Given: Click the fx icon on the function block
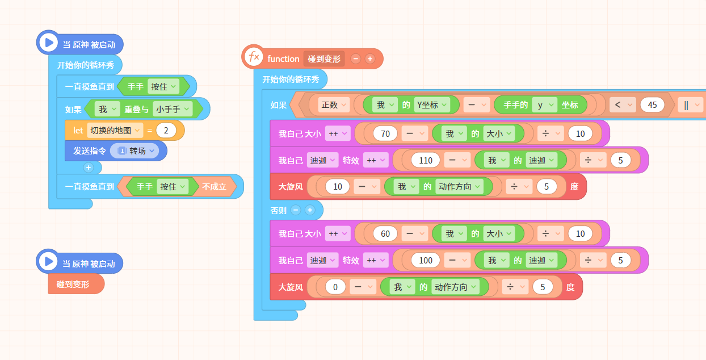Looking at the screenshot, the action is (254, 57).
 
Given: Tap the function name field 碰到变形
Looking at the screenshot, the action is (324, 59).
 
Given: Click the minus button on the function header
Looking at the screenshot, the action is (355, 58).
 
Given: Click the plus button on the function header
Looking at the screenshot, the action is (370, 58).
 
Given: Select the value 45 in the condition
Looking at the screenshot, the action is (652, 104).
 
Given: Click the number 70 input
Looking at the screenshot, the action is (385, 133).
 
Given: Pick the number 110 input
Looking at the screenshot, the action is (426, 161).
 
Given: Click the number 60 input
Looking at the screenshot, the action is (385, 233).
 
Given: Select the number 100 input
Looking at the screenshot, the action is (426, 261).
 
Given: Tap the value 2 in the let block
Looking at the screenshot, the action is (166, 131).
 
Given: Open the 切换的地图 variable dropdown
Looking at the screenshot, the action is (115, 131).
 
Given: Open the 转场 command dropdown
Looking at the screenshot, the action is (135, 151).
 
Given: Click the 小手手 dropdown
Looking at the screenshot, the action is (173, 110).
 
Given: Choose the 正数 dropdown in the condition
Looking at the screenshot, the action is (334, 104).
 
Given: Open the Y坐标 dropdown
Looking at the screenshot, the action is (431, 104).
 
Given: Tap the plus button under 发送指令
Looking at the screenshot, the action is (89, 168).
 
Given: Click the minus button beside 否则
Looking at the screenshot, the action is (296, 210).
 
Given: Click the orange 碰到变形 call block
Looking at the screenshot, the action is (76, 284).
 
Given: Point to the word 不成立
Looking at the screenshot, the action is (215, 187).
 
